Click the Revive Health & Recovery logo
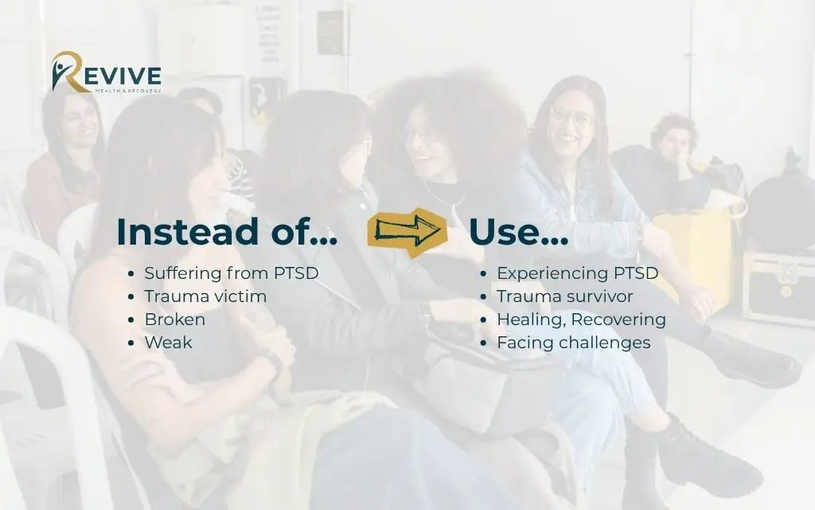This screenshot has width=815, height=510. coord(106,73)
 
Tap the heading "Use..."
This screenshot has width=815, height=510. coord(518,231)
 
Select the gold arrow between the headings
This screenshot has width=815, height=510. coord(406,231)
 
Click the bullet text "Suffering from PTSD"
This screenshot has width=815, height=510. coord(231,273)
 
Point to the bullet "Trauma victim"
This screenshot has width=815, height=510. coord(205,296)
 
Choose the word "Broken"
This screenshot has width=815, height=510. coord(174,320)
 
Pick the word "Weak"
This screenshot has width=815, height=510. coord(168,343)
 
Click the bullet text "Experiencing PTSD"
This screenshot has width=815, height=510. coord(577,273)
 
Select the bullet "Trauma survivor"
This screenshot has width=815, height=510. coord(564,296)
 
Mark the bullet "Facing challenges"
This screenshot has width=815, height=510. coord(573,343)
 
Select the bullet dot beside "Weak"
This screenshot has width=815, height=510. coord(131,343)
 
